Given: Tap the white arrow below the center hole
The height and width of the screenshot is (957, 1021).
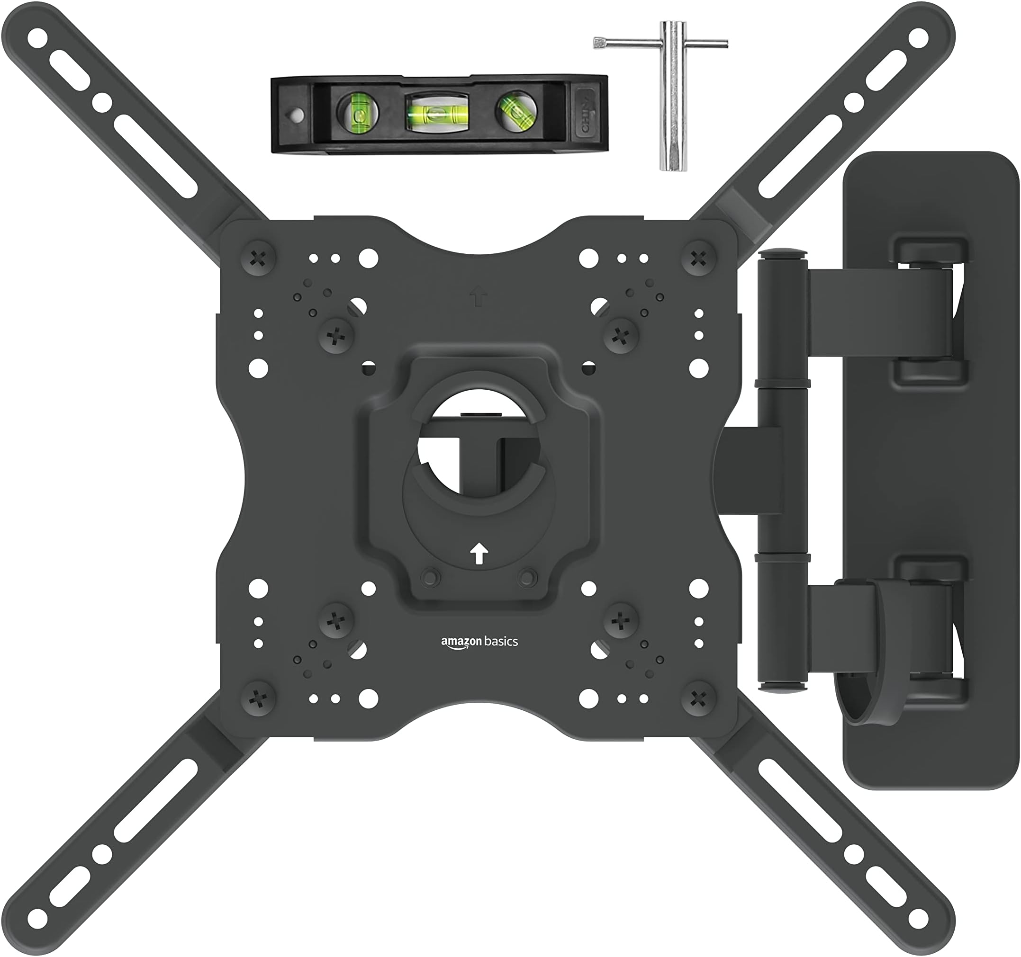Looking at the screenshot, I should click(x=479, y=554).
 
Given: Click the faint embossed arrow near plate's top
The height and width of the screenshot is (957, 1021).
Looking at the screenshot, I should click(x=478, y=297).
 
